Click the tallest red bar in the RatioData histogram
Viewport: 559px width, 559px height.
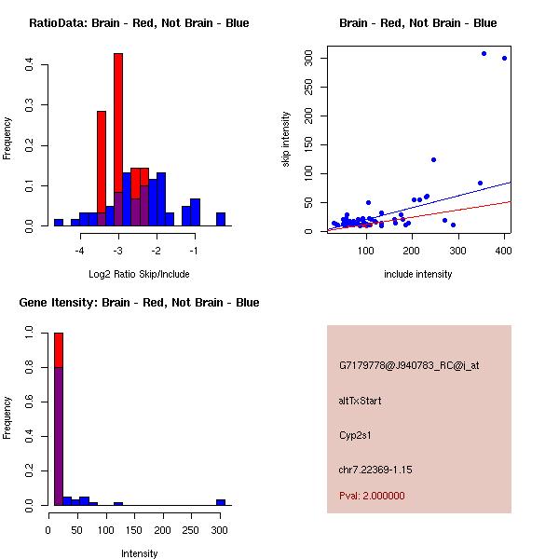118,140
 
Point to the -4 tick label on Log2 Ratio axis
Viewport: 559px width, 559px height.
80,252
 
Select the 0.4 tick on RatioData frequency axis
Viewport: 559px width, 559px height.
31,64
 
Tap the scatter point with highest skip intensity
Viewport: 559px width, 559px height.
484,53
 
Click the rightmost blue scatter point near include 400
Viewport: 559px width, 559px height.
504,58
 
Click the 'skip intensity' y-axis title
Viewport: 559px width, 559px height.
287,140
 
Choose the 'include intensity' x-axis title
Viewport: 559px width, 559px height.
418,274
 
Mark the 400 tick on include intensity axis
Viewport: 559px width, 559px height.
504,252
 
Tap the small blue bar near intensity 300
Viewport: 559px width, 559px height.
221,502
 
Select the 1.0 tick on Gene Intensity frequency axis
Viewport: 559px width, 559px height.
31,332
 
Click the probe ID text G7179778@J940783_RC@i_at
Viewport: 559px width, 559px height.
409,366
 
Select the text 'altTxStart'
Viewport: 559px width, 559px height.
361,401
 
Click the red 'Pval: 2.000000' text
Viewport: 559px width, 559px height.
372,496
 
